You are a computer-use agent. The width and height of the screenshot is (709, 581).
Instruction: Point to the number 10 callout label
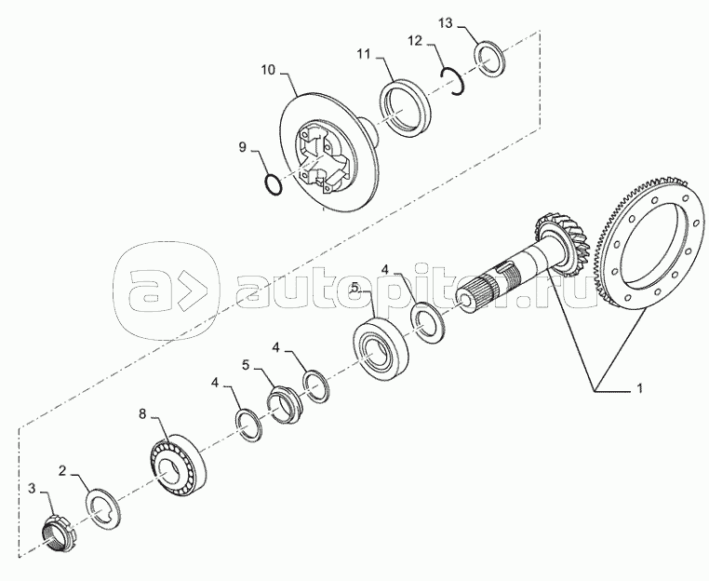pos(268,70)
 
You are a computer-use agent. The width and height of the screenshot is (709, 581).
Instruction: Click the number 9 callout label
pos(243,146)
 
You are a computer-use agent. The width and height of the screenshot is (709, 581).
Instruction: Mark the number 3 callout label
pos(33,488)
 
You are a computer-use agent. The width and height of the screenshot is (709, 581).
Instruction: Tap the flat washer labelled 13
pos(490,58)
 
